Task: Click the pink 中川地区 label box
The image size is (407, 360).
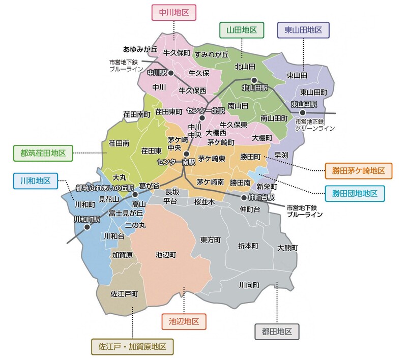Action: pos(174,13)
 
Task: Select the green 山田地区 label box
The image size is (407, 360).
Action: pos(242,30)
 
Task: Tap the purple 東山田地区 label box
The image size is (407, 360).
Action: pos(303,30)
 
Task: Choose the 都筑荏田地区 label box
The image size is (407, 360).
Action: pos(43,152)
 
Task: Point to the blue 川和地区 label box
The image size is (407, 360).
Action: pos(35,181)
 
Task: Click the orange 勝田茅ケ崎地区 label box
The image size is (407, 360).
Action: pos(359,170)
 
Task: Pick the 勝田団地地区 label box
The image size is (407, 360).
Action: pos(355,193)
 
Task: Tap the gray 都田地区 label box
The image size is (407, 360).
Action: pos(277,332)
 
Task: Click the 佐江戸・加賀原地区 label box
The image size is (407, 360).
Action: pos(132,347)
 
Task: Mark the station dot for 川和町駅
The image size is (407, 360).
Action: pos(88,227)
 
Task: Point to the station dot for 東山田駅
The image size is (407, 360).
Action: pos(303,112)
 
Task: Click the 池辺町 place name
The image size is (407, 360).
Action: pos(166,254)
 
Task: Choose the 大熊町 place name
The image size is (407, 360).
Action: pos(287,248)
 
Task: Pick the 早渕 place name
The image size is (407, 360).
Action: pos(281,155)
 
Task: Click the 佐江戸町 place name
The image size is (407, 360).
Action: pos(124,294)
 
